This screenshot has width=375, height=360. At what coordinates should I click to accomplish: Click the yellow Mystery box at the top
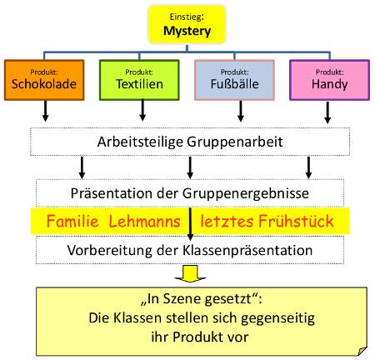(x=188, y=25)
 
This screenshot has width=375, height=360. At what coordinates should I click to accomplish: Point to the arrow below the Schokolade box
(x=45, y=110)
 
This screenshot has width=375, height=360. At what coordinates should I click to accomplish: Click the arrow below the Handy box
(x=328, y=110)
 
